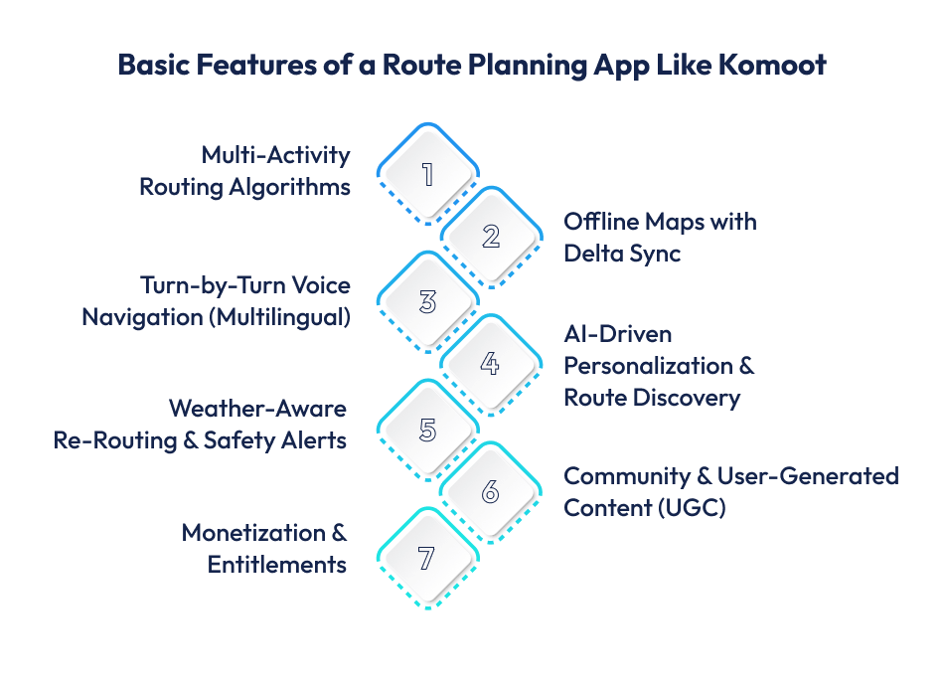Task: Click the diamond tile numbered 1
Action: pyautogui.click(x=427, y=174)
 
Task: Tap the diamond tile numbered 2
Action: pyautogui.click(x=490, y=237)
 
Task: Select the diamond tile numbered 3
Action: pyautogui.click(x=427, y=301)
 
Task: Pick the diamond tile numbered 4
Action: pyautogui.click(x=490, y=365)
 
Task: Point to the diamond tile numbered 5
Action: pyautogui.click(x=427, y=430)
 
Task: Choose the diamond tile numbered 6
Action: pyautogui.click(x=490, y=493)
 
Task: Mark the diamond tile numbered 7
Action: pyautogui.click(x=427, y=558)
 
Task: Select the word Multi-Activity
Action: pyautogui.click(x=275, y=155)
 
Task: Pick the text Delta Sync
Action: pyautogui.click(x=622, y=253)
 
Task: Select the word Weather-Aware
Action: pyautogui.click(x=257, y=408)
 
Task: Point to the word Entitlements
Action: pyautogui.click(x=276, y=565)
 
